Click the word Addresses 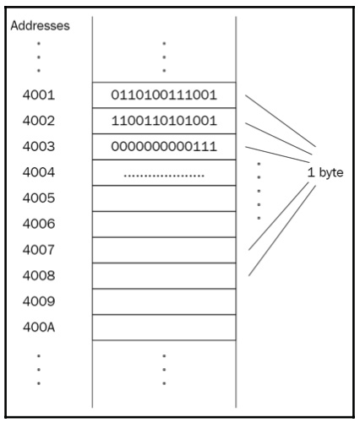point(40,25)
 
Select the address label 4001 point(39,95)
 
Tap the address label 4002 point(39,121)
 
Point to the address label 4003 point(39,146)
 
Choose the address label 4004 point(39,172)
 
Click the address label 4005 point(39,198)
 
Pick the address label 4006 point(39,224)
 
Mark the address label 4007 point(39,250)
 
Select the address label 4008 point(39,275)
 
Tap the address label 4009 point(39,301)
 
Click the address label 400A point(39,328)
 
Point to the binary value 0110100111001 point(164,95)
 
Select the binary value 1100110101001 point(164,121)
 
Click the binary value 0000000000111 point(164,146)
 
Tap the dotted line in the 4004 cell point(164,176)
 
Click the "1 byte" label point(325,172)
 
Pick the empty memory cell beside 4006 point(164,225)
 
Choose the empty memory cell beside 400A point(164,328)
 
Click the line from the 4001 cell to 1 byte point(281,121)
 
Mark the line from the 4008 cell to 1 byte point(282,230)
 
